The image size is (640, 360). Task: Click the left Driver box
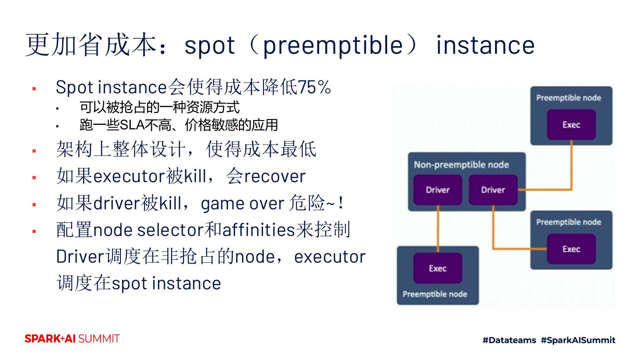(x=438, y=190)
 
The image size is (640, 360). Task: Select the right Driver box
(x=493, y=190)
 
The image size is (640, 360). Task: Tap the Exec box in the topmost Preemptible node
(x=571, y=125)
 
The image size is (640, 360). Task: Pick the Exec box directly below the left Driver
(x=438, y=268)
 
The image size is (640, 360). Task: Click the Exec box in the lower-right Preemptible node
(x=571, y=249)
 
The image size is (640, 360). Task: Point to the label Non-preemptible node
(x=461, y=165)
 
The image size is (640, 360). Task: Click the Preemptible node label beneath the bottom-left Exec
(x=435, y=294)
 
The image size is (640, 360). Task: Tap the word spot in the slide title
(x=209, y=45)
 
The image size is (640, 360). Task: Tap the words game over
(x=242, y=204)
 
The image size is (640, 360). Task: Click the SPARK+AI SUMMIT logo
(x=72, y=339)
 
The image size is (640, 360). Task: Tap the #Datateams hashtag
(x=509, y=340)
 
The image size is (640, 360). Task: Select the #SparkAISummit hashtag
(x=578, y=340)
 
